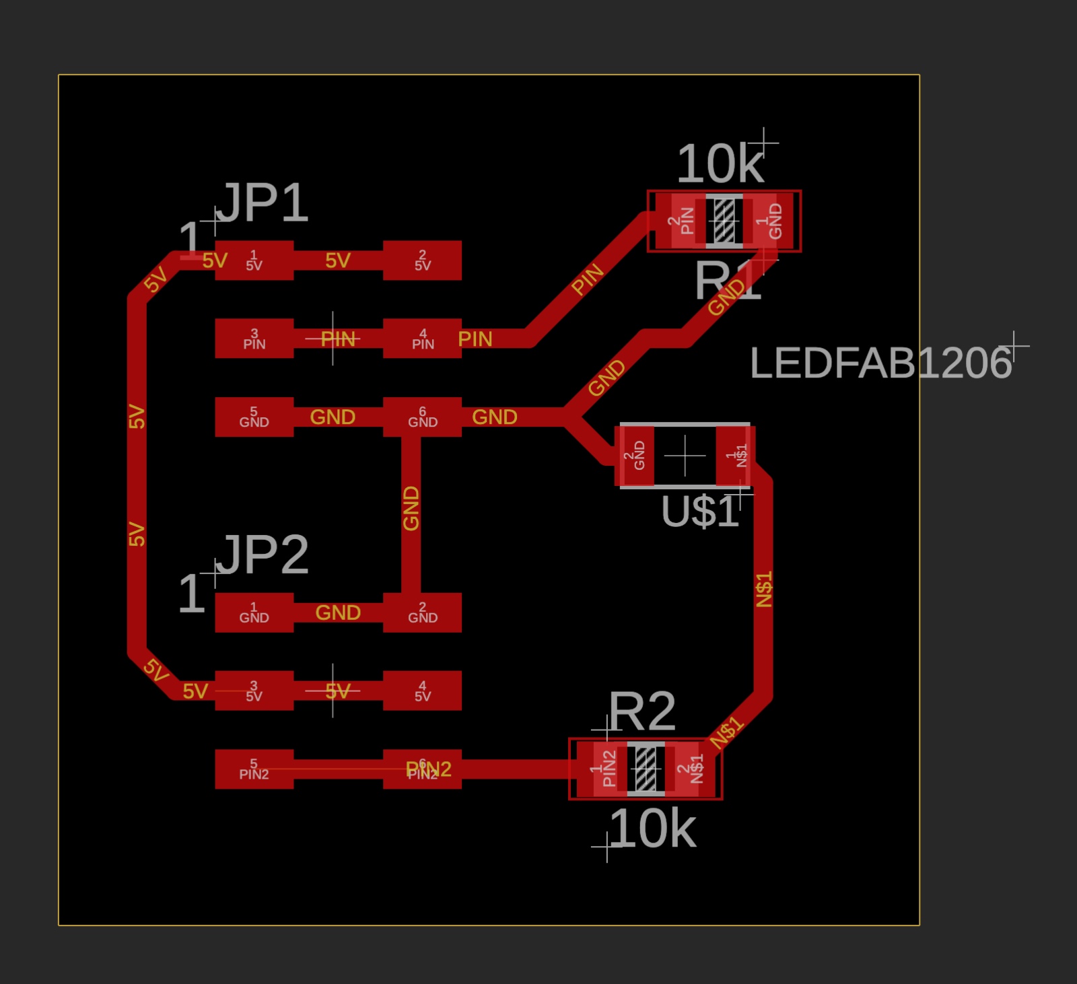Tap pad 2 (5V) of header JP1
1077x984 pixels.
click(x=422, y=260)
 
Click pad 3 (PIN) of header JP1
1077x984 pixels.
click(x=254, y=338)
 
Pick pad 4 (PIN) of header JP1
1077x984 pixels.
click(x=422, y=338)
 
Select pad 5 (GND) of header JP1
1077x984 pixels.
click(x=254, y=417)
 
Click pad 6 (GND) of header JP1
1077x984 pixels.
click(x=422, y=417)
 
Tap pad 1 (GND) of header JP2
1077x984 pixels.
click(x=254, y=612)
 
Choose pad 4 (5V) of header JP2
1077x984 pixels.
click(x=422, y=691)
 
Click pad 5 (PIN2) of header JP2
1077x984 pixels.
click(x=254, y=769)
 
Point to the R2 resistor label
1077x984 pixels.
click(x=641, y=711)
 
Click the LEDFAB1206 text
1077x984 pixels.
click(x=880, y=363)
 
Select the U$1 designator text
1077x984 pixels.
click(x=700, y=512)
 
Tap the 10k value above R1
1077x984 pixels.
click(x=720, y=164)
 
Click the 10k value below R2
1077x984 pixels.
click(x=652, y=829)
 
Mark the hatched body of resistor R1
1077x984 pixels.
click(x=724, y=221)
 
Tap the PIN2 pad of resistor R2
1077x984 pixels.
click(x=605, y=769)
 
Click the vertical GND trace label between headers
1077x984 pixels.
click(x=411, y=508)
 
